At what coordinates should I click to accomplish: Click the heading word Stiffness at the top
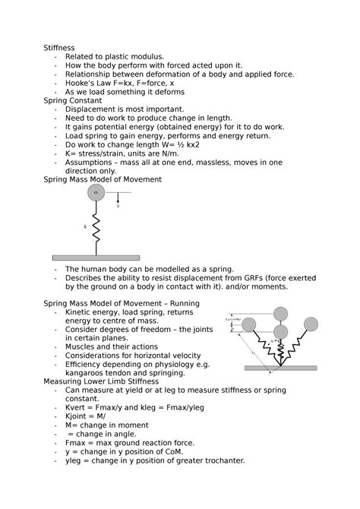58,47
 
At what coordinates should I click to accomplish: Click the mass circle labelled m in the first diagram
96,193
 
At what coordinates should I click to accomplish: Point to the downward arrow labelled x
117,199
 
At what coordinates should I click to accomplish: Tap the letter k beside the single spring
85,226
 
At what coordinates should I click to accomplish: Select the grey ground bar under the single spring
96,258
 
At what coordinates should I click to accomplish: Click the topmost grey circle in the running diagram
281,313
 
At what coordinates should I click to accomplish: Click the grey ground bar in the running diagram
280,368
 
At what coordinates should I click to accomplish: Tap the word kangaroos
87,372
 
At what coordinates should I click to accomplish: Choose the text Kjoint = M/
87,416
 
